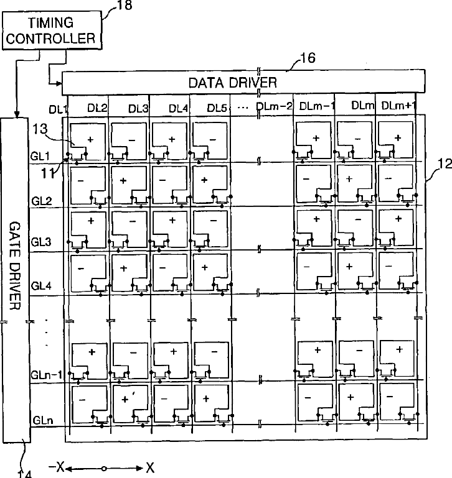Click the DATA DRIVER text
click(233, 81)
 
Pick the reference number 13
click(40, 129)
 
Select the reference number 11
click(47, 173)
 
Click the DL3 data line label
click(138, 108)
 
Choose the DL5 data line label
click(218, 108)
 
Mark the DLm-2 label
click(274, 106)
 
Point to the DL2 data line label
click(97, 108)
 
